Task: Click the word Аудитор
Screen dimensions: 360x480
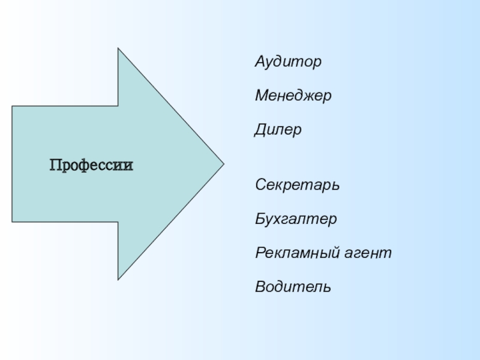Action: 288,62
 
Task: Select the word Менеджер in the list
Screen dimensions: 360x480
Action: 293,95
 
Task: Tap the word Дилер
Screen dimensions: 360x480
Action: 278,130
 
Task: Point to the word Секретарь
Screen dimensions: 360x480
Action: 298,184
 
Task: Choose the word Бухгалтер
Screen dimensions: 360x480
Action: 296,219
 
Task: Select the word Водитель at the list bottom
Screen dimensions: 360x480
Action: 293,287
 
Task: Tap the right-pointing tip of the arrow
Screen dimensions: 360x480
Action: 223,163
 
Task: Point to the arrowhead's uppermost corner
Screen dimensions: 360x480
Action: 118,49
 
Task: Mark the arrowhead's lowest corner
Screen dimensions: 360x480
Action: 118,279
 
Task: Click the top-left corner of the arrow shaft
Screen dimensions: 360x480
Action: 13,106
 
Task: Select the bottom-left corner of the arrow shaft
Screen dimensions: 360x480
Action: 13,221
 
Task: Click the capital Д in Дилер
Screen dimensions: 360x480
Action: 260,130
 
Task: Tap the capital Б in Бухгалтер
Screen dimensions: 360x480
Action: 260,219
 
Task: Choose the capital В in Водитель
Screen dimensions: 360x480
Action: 260,287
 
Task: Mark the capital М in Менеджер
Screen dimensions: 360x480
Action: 262,95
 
